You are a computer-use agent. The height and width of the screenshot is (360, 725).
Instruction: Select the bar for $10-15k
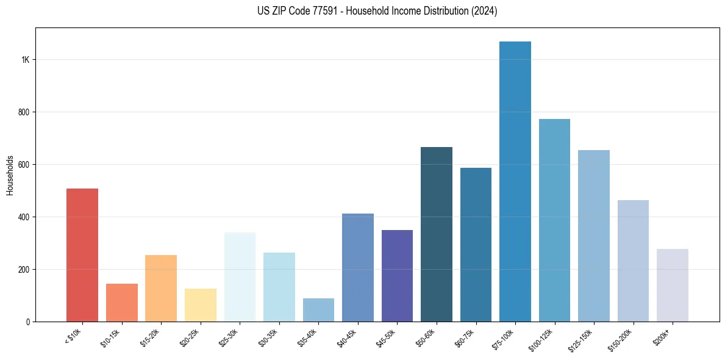tap(121, 303)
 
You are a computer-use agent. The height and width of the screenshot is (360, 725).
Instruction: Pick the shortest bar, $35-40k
tap(318, 310)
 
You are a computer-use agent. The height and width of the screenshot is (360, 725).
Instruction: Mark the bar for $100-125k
tap(554, 220)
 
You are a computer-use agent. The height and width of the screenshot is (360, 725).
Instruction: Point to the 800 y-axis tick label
tap(24, 112)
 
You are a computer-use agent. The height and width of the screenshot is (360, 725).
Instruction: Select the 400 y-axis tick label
tap(24, 217)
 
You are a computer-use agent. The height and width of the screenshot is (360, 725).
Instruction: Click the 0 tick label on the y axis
tap(27, 322)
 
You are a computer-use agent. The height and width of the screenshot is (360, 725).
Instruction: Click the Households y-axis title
tap(10, 175)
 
